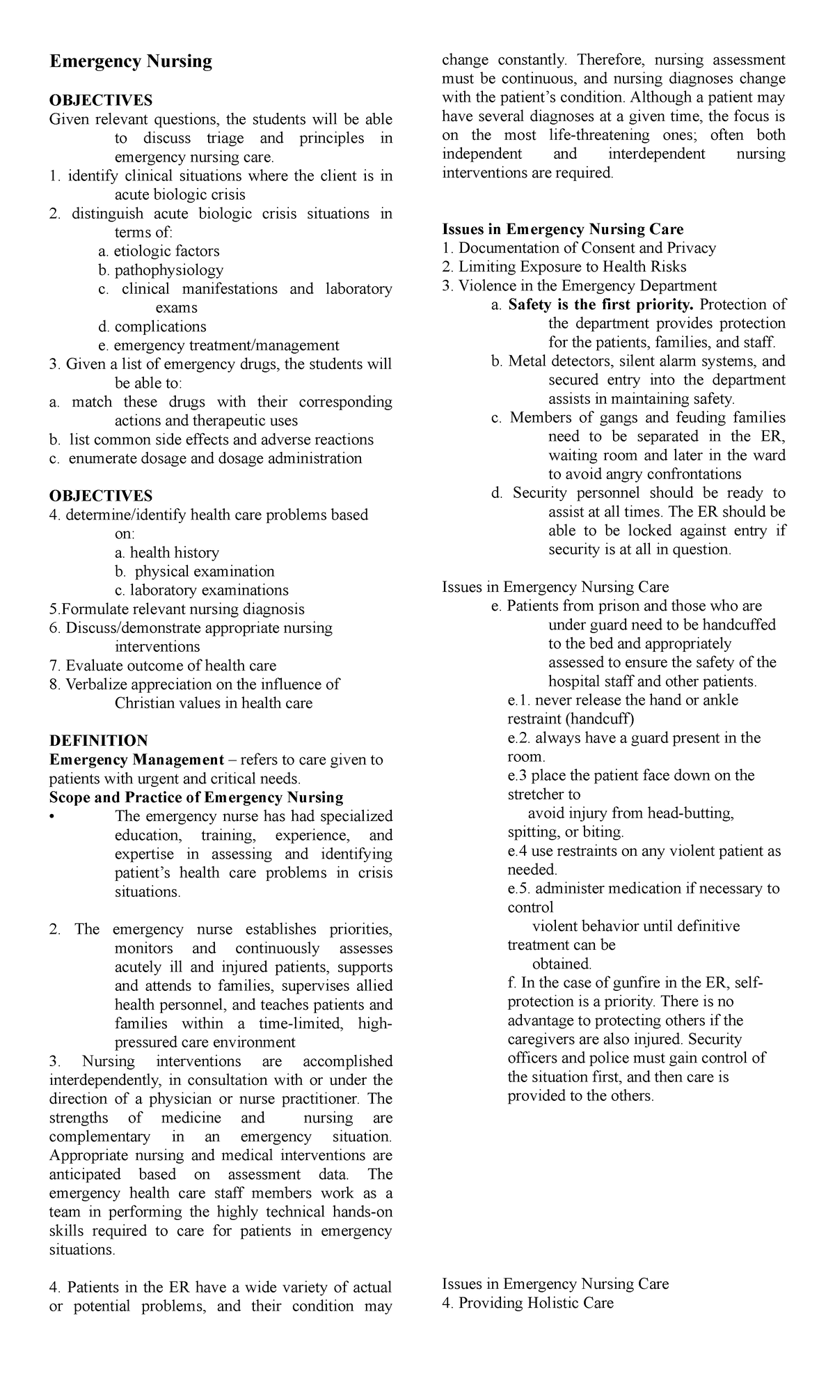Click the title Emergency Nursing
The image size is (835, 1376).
click(130, 62)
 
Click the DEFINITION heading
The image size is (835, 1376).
click(98, 740)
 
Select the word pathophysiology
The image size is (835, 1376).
click(168, 270)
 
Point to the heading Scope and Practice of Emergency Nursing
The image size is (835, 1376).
click(196, 797)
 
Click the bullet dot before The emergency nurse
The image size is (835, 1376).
click(52, 817)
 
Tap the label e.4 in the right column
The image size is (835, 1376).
click(517, 851)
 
